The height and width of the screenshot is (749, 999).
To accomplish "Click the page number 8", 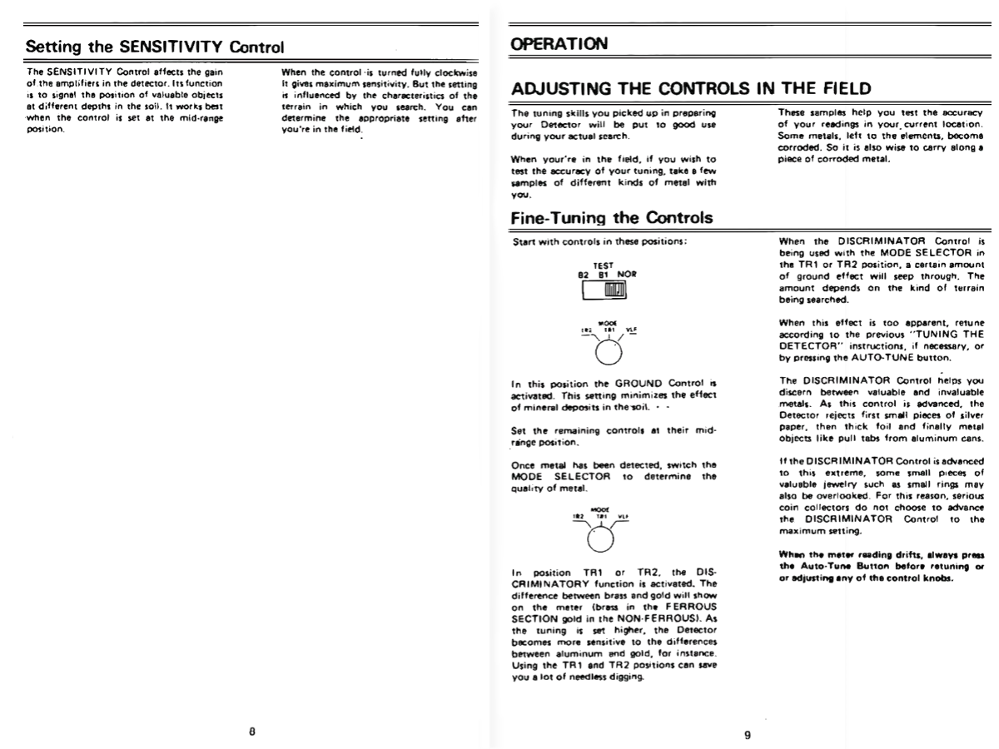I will coord(251,732).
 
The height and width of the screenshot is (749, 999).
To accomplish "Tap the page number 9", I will coord(747,735).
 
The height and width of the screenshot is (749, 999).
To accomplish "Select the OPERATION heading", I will coord(559,42).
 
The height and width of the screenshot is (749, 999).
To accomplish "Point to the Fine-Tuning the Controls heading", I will coord(612,218).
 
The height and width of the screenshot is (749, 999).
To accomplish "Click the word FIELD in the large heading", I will coord(835,88).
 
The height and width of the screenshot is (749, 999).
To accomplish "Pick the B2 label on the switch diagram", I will coord(583,273).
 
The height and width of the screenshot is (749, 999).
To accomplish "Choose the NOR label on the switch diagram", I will coord(626,273).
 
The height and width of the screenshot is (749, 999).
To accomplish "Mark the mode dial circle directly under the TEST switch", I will coord(609,351).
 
